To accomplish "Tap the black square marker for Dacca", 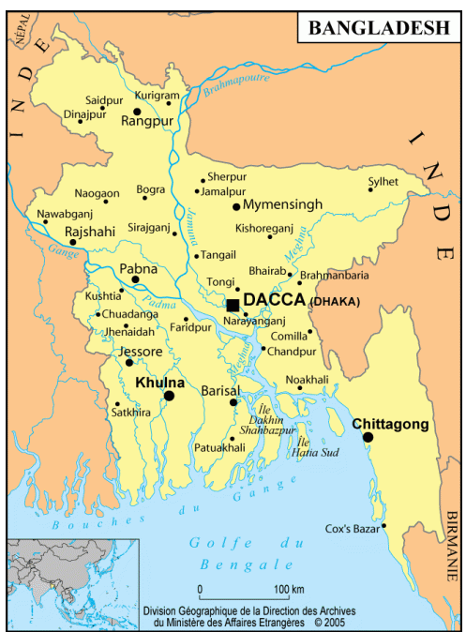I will pyautogui.click(x=233, y=305).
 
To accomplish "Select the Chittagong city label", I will pyautogui.click(x=390, y=424).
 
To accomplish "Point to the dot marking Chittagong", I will pyautogui.click(x=368, y=438).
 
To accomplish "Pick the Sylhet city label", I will pyautogui.click(x=383, y=180).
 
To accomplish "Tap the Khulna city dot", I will pyautogui.click(x=170, y=396).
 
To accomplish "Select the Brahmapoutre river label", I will pyautogui.click(x=230, y=89).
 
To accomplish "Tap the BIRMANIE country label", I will pyautogui.click(x=454, y=545).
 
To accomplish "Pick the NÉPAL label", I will pyautogui.click(x=18, y=34).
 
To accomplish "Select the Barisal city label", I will pyautogui.click(x=221, y=389).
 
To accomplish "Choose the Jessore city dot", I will pyautogui.click(x=128, y=362).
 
